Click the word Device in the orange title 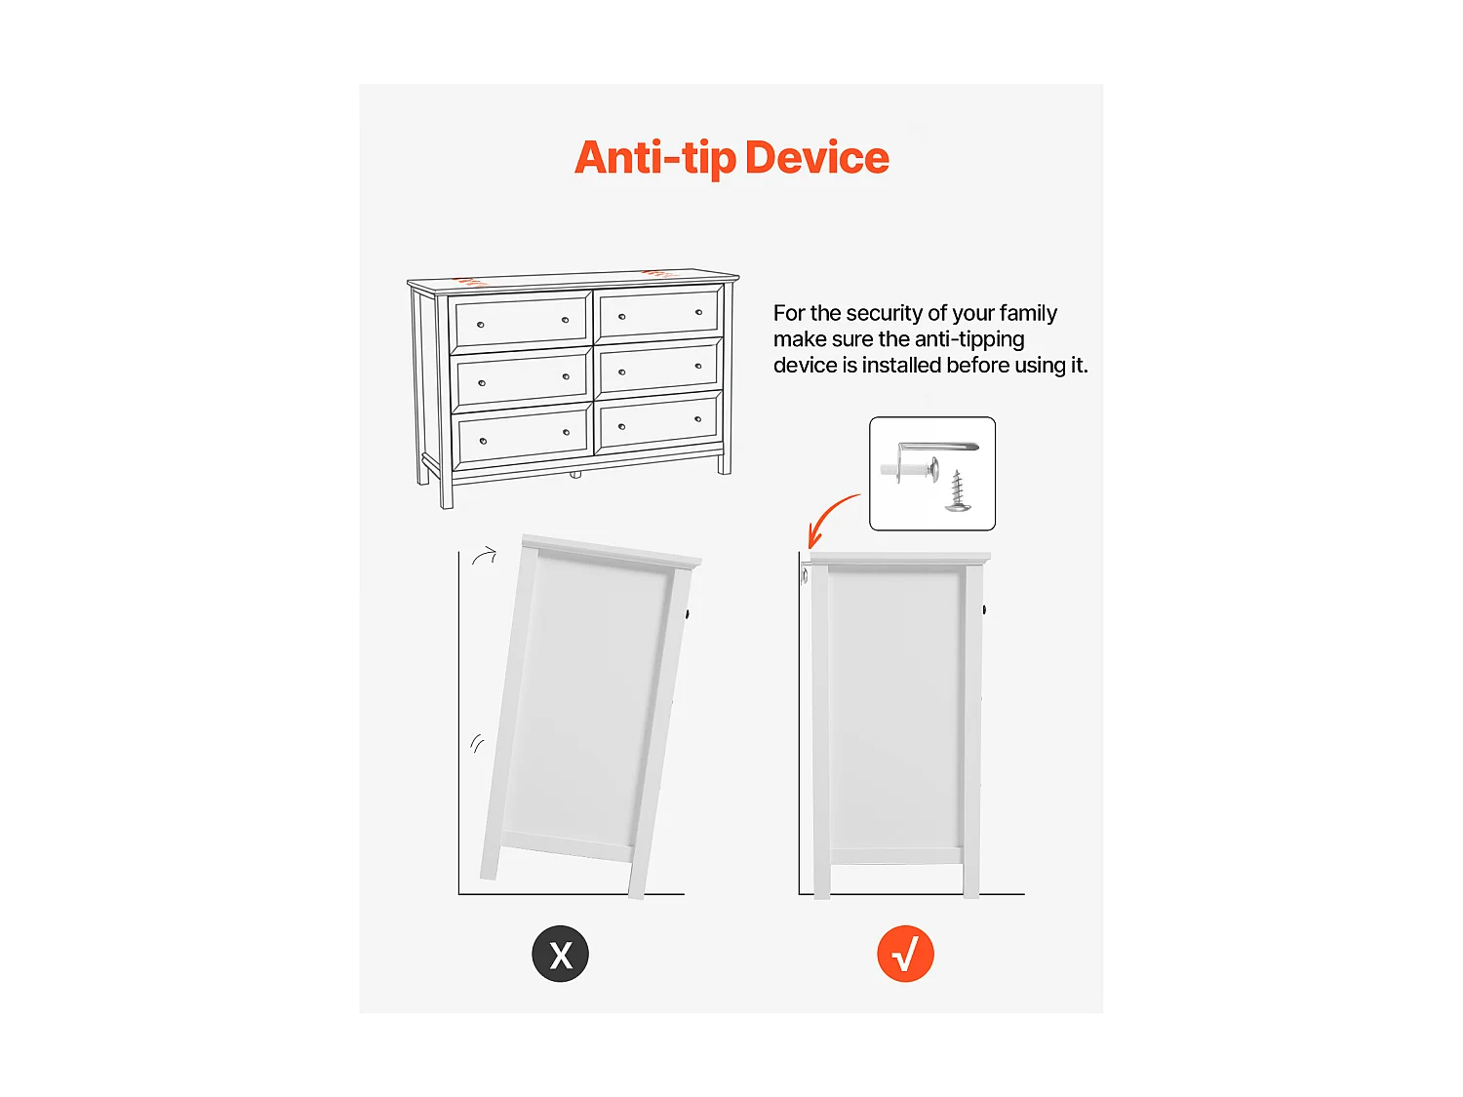pyautogui.click(x=816, y=158)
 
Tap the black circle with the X pyautogui.click(x=560, y=954)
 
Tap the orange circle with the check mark pyautogui.click(x=905, y=954)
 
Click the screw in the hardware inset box pyautogui.click(x=958, y=491)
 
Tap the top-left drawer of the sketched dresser pyautogui.click(x=521, y=321)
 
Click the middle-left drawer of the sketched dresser pyautogui.click(x=522, y=379)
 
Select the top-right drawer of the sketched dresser pyautogui.click(x=658, y=312)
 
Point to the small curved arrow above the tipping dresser pyautogui.click(x=485, y=555)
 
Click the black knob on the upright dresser pyautogui.click(x=984, y=609)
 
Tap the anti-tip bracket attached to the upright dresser pyautogui.click(x=805, y=573)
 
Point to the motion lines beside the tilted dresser pyautogui.click(x=477, y=743)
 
